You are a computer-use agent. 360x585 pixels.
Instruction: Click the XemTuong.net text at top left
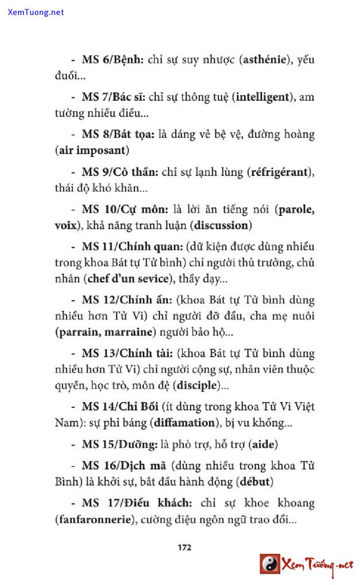pyautogui.click(x=36, y=13)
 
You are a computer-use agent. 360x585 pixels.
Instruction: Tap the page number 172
pyautogui.click(x=184, y=547)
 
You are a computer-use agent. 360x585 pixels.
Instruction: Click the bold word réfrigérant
pyautogui.click(x=280, y=173)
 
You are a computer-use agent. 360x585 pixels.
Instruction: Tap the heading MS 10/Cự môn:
pyautogui.click(x=125, y=210)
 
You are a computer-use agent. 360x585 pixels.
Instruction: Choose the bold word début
pyautogui.click(x=255, y=482)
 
